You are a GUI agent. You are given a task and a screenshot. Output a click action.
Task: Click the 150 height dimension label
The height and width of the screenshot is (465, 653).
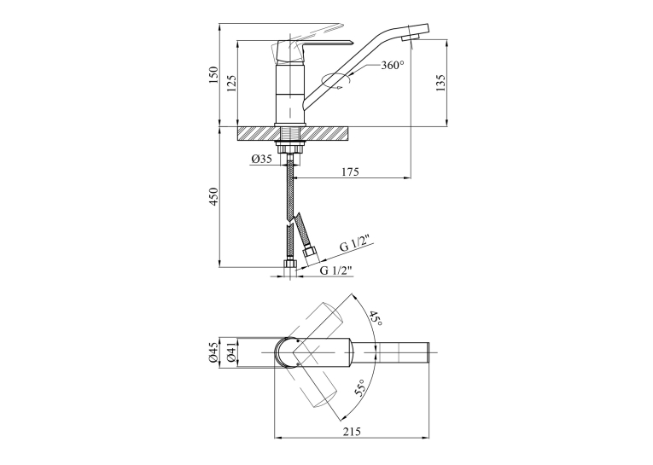pyautogui.click(x=213, y=74)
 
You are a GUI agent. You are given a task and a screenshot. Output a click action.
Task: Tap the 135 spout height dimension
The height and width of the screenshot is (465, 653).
pyautogui.click(x=441, y=83)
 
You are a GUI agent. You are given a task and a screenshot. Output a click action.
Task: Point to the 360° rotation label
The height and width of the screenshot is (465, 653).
pyautogui.click(x=393, y=66)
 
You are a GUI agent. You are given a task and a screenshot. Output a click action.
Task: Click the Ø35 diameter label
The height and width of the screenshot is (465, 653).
pyautogui.click(x=262, y=159)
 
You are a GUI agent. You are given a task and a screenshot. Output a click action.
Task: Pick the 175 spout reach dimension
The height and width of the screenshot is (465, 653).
pyautogui.click(x=350, y=171)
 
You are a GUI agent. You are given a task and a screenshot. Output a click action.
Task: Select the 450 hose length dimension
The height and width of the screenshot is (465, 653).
pyautogui.click(x=213, y=196)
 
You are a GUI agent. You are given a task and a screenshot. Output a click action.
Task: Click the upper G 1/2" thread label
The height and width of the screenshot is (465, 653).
pyautogui.click(x=357, y=245)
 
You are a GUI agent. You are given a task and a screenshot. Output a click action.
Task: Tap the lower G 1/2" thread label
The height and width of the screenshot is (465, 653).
pyautogui.click(x=336, y=270)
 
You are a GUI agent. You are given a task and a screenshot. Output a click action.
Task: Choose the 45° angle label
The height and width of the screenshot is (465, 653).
pyautogui.click(x=375, y=318)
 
